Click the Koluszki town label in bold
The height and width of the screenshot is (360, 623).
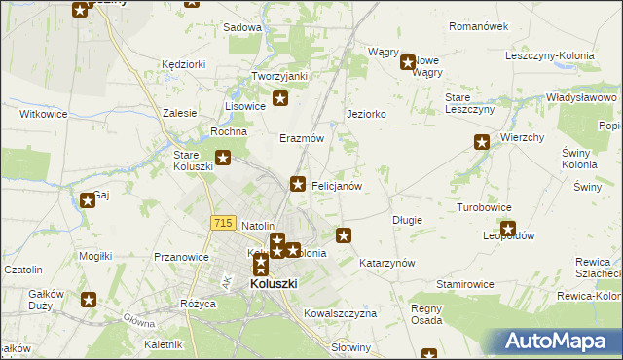click(274, 283)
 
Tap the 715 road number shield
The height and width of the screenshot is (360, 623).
click(222, 223)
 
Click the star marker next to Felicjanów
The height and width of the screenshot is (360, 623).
click(299, 183)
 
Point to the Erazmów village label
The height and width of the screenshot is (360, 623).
click(302, 138)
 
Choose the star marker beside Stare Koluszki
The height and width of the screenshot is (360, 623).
click(223, 158)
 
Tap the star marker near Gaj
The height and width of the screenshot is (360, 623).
click(88, 200)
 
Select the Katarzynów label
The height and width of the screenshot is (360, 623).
click(387, 263)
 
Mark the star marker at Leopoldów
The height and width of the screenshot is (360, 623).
click(507, 230)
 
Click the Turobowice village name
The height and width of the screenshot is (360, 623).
click(484, 208)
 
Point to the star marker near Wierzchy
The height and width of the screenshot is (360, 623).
click(482, 143)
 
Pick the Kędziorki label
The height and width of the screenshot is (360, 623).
click(185, 64)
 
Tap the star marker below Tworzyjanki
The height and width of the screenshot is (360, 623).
click(281, 97)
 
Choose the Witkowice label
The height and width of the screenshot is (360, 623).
click(43, 114)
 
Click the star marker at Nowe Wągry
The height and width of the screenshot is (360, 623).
click(409, 63)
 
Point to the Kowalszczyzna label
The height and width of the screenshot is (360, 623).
click(340, 313)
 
